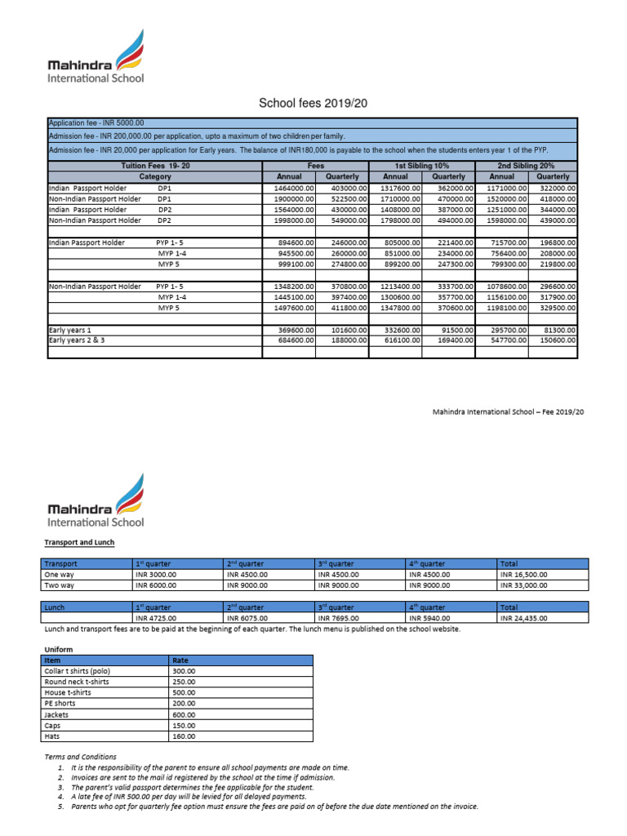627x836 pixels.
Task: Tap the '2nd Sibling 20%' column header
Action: (527, 166)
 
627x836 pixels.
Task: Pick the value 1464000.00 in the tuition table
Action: (289, 188)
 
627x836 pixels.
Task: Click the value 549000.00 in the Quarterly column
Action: (342, 220)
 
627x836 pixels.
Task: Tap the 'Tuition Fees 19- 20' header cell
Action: (154, 166)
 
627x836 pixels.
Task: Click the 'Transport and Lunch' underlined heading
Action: (79, 542)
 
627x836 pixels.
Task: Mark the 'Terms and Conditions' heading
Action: (80, 757)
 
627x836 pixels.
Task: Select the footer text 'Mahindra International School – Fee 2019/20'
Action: (508, 413)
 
